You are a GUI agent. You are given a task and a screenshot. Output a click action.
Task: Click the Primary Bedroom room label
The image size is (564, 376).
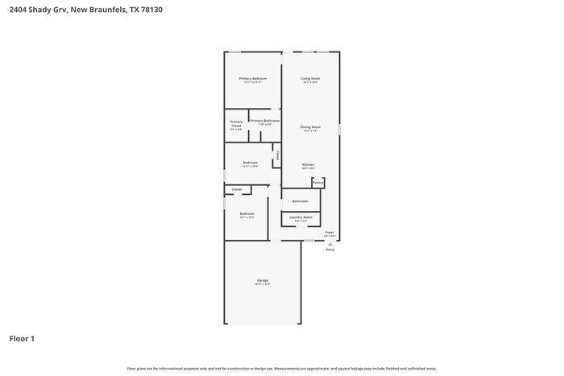coord(252,78)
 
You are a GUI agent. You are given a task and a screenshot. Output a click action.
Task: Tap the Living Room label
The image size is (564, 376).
coord(310,78)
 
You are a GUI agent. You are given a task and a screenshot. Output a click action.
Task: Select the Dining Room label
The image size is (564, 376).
coord(310,126)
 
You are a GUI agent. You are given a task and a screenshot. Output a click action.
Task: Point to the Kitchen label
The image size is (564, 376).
coord(308,164)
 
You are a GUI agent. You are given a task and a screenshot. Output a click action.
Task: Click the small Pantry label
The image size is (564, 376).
coord(318,183)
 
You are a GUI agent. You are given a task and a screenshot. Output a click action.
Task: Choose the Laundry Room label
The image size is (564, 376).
coord(301,217)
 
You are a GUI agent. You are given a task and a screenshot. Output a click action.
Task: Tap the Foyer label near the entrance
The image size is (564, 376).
coord(330,232)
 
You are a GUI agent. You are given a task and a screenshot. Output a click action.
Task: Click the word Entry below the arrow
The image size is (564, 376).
coord(330,250)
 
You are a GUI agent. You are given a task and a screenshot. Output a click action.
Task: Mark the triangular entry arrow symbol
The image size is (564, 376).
coord(330,243)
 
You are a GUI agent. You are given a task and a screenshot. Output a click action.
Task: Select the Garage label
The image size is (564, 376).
coord(263,280)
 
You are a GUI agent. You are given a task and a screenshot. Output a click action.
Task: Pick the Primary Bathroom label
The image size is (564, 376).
coord(265,121)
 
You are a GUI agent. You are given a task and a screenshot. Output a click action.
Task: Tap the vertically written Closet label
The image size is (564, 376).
coord(278,155)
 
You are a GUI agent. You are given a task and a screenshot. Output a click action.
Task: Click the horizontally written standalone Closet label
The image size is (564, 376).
coord(236,189)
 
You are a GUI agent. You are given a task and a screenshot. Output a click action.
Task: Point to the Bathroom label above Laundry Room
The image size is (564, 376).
coord(301,200)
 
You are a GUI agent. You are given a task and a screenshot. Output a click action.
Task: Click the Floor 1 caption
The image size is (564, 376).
coord(22,339)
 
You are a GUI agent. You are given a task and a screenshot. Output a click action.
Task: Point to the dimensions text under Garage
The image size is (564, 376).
coord(263,284)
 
